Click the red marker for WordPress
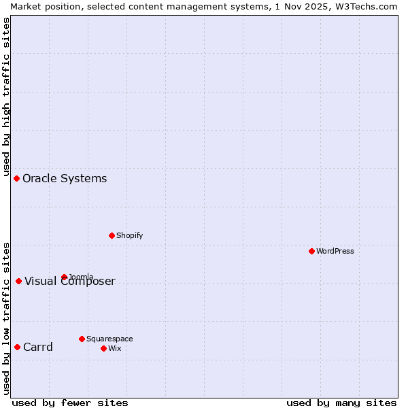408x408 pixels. (311, 251)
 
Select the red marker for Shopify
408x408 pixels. (112, 235)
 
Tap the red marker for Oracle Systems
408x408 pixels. (16, 178)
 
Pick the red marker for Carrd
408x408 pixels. (17, 347)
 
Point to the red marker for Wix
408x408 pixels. (103, 348)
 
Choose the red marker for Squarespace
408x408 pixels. (82, 339)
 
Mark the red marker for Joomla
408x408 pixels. (64, 277)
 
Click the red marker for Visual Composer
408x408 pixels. (18, 281)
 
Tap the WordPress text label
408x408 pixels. (335, 251)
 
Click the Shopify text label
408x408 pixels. (130, 235)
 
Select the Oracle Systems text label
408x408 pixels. (65, 178)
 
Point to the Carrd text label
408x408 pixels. (38, 347)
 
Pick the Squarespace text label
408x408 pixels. (109, 339)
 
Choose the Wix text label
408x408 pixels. (114, 348)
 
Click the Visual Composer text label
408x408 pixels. (70, 282)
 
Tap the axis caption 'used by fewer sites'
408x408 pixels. (70, 403)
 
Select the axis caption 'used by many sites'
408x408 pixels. (341, 403)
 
